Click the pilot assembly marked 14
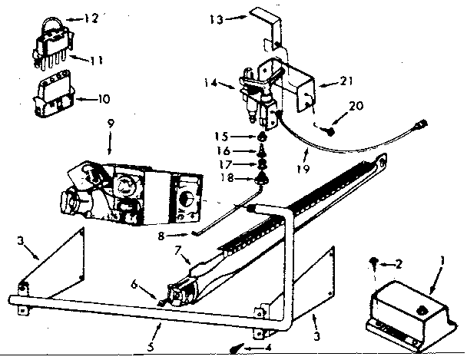[x=258, y=96]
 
